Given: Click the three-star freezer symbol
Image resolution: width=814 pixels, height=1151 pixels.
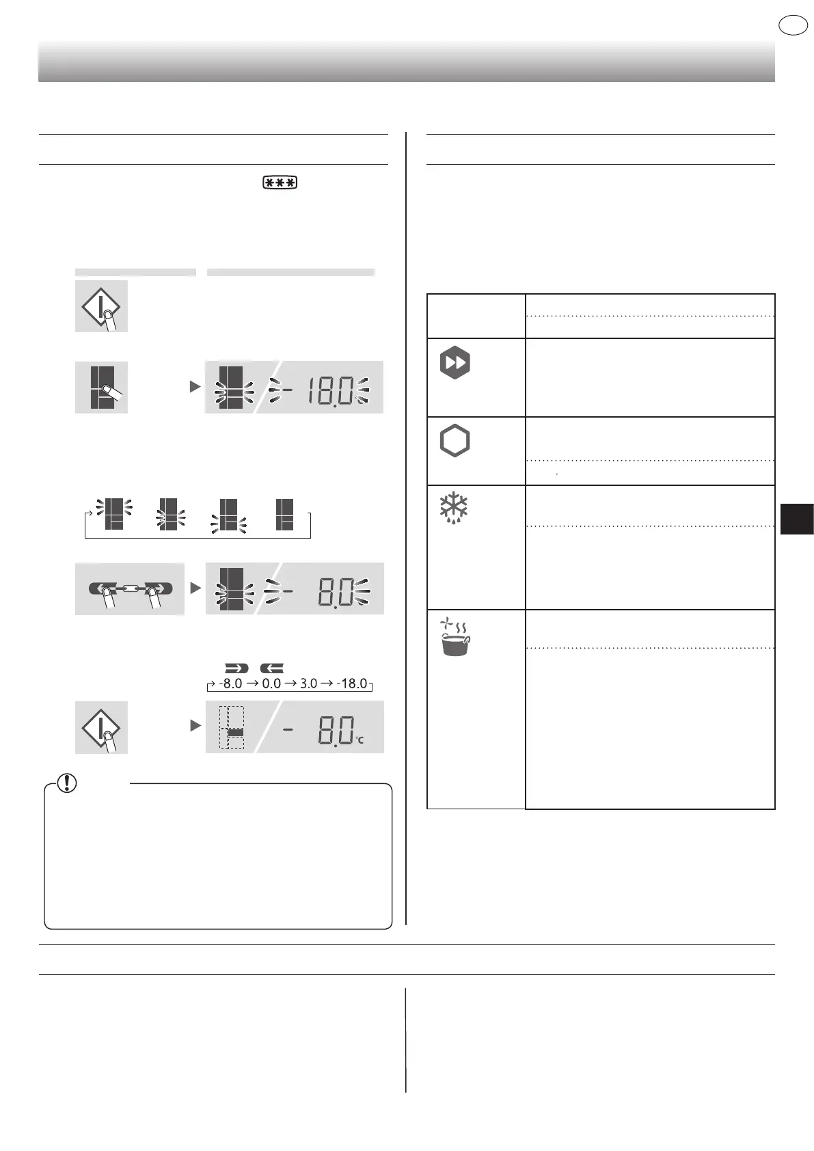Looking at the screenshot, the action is (280, 183).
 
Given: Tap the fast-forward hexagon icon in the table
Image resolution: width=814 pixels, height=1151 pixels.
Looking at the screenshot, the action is (455, 363).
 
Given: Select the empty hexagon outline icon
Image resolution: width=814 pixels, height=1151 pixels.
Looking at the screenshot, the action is (455, 441).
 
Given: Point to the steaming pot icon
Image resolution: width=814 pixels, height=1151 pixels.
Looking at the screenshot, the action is (455, 637).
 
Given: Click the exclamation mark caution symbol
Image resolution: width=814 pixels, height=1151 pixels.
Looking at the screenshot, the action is (67, 783).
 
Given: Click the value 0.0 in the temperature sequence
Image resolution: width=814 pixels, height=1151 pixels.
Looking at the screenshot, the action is (271, 683).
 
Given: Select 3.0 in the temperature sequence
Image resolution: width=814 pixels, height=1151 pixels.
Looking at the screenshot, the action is (309, 683).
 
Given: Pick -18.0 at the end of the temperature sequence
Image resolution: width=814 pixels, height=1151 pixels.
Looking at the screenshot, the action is (352, 683).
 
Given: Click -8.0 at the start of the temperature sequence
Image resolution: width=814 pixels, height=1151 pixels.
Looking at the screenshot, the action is (230, 683).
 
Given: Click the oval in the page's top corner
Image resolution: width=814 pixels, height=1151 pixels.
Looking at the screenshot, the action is (793, 25).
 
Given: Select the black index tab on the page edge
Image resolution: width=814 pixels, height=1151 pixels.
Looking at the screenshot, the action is (796, 518).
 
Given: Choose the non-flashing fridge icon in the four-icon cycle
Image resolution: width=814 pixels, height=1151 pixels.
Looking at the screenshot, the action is (284, 515).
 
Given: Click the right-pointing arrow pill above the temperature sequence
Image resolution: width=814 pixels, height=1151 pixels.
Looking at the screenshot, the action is (236, 668).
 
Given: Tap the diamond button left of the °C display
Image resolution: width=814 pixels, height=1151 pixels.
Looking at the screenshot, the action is (101, 727).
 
